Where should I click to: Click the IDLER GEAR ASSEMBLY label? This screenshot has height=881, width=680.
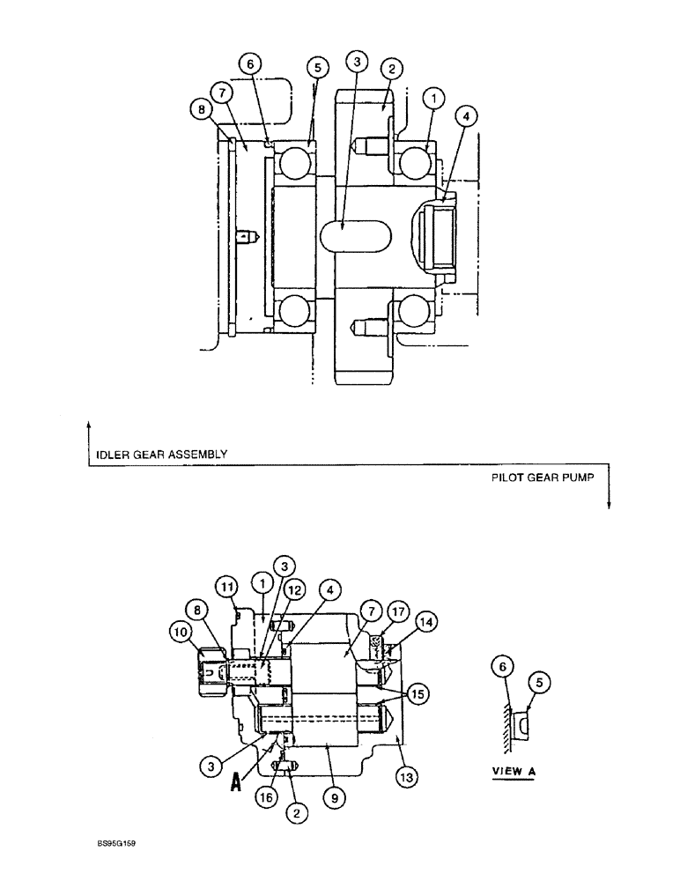click(159, 455)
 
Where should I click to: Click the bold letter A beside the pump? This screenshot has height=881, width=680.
click(236, 781)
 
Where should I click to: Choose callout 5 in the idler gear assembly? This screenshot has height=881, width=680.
click(318, 68)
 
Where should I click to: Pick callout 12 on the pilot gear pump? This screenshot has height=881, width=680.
click(293, 589)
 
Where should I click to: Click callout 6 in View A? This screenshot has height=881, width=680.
click(503, 668)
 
